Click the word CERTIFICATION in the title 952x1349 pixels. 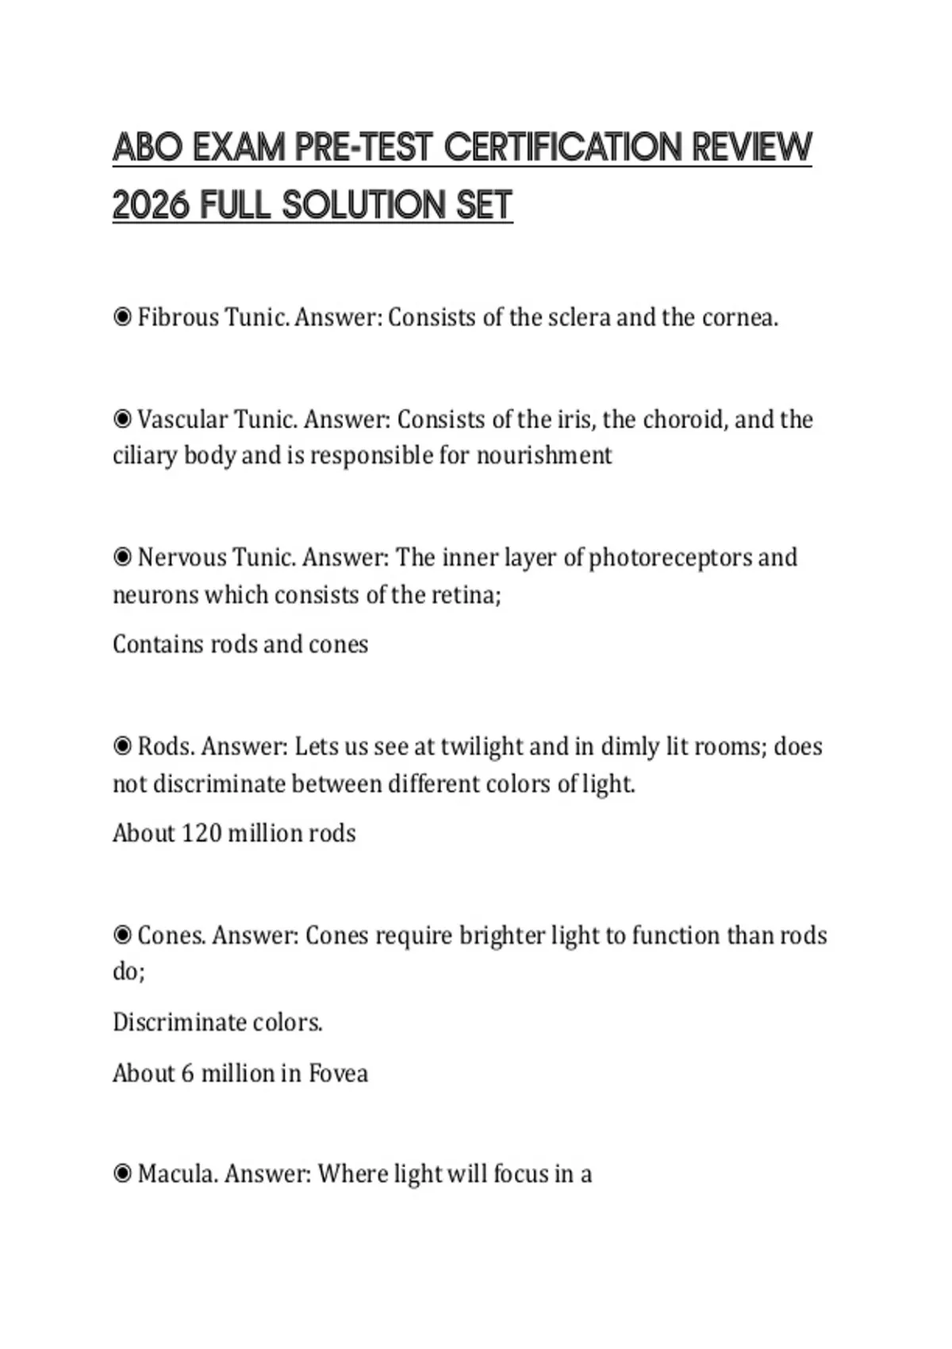click(563, 148)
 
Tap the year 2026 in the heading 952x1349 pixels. click(151, 206)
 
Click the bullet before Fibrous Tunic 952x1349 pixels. click(122, 317)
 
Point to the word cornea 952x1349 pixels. click(739, 317)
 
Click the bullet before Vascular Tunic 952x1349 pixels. click(122, 419)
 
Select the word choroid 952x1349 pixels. click(683, 419)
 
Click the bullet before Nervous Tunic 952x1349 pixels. click(122, 558)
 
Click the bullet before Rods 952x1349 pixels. click(122, 747)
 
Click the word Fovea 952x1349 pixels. click(338, 1074)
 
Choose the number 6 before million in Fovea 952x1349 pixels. click(187, 1074)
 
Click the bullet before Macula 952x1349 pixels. click(122, 1174)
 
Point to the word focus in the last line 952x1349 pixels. click(521, 1174)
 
